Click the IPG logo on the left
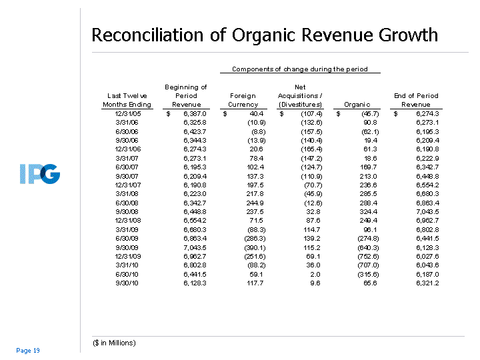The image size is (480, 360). coord(40,175)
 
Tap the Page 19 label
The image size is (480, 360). coord(28,351)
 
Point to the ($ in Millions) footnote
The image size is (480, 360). coord(114,343)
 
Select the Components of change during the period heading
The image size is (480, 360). coord(299,69)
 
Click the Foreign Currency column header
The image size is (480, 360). coord(243,100)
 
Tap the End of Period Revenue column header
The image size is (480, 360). coord(416,100)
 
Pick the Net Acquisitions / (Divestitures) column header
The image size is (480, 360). coord(300,95)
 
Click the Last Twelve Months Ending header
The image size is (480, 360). coord(127,100)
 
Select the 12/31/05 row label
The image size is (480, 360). coord(127,114)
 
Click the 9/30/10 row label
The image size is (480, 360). coord(127,283)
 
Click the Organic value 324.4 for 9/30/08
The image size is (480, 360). coord(357,211)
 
